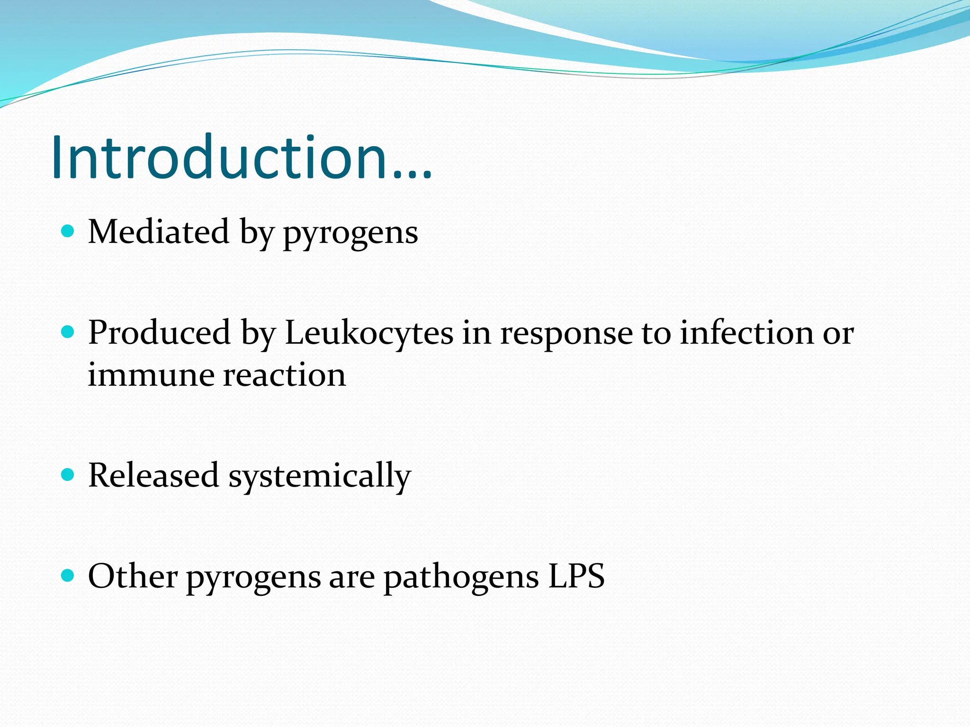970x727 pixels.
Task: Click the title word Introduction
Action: (x=220, y=157)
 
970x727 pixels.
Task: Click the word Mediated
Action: (x=159, y=232)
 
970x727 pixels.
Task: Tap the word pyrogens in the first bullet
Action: (x=350, y=233)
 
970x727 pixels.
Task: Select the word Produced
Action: (x=159, y=333)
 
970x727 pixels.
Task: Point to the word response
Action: (x=566, y=334)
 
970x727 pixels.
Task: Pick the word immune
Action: (x=152, y=375)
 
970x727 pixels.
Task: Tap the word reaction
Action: (x=285, y=375)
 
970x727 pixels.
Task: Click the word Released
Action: (x=153, y=475)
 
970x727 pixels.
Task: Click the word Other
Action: (x=133, y=576)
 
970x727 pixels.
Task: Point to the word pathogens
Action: (x=461, y=577)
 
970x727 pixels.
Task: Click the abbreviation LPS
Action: (x=576, y=576)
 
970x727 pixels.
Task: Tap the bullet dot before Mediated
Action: (x=68, y=231)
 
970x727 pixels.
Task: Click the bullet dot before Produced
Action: (x=68, y=332)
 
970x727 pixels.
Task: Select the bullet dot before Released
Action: (x=68, y=475)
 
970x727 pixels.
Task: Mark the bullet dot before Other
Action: (x=68, y=576)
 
